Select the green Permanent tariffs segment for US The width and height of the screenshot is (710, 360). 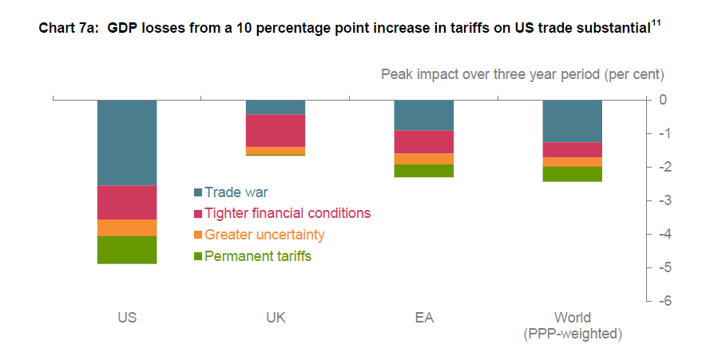point(127,250)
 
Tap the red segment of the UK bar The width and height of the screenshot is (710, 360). point(276,130)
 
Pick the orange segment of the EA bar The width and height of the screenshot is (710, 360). point(424,159)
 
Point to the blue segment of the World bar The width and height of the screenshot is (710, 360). point(573,121)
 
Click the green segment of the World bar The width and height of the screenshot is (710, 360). point(573,174)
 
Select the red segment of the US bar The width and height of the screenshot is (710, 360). point(127,202)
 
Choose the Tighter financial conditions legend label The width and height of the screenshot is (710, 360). point(288,213)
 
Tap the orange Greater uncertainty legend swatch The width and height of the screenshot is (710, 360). point(198,235)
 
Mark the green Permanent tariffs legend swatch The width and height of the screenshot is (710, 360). point(198,257)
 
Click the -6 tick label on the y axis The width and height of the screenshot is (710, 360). point(663,301)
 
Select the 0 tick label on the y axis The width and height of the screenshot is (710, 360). point(663,100)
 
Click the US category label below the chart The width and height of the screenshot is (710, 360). point(127,317)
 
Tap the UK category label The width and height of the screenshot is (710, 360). point(276,317)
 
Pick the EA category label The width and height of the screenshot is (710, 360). point(424,317)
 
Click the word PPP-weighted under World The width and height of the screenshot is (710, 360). point(573,333)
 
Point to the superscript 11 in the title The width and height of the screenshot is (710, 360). point(656,24)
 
